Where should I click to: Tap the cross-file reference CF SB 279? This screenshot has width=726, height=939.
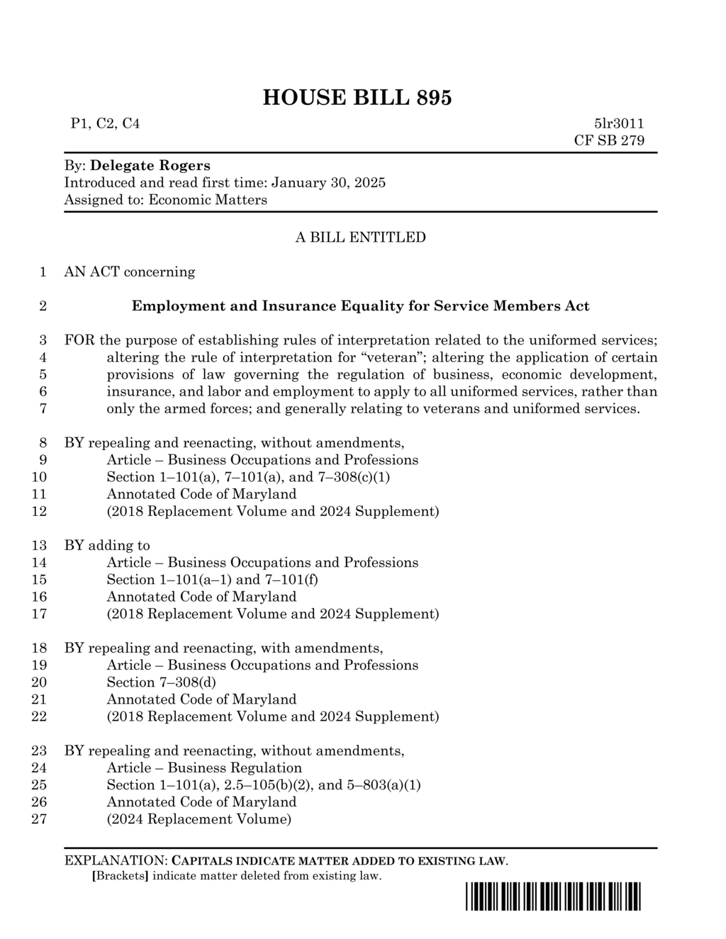[609, 140]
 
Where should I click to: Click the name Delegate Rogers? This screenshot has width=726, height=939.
[150, 166]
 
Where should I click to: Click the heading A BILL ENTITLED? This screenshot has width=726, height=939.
[360, 237]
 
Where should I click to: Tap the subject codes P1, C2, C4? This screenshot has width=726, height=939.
[105, 123]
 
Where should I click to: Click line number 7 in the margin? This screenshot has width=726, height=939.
[43, 409]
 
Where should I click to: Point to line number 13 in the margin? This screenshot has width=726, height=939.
[40, 546]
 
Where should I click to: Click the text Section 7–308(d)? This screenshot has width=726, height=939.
[161, 682]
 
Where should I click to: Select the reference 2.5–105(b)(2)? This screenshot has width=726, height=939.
[269, 785]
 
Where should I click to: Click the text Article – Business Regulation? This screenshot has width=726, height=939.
[204, 768]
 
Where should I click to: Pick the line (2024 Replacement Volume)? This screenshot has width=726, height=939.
[199, 819]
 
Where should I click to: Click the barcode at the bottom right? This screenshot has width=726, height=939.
[553, 897]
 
